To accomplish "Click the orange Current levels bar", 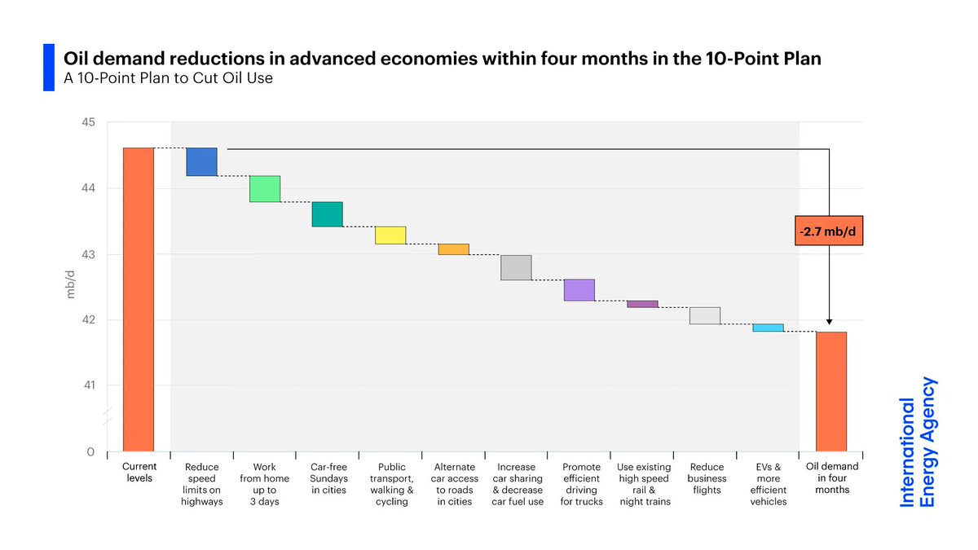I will pos(138,298).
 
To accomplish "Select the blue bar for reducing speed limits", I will pos(201,161).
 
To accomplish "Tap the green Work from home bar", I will pos(265,188).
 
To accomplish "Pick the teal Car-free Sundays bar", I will pos(328,213).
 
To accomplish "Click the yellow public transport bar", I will pos(390,235).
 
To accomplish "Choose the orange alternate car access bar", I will pos(453,249).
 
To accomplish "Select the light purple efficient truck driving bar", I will pos(579,290).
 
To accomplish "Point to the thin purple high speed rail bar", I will pos(642,304).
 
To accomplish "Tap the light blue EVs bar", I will pos(768,328).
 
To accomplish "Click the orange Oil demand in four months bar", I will pos(831,391).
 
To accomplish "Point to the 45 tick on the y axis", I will pos(88,122).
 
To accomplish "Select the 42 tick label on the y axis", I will pos(88,319).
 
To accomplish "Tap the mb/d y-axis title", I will pos(70,284).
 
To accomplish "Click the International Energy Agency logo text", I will pos(918,442).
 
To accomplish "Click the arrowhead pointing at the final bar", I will pos(829,323).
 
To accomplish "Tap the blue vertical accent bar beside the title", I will pos(48,68).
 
